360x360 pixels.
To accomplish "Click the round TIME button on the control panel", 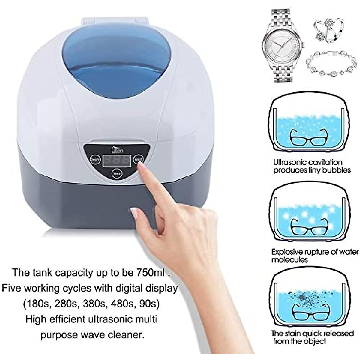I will click(115, 174).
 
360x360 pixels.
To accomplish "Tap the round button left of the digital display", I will click(95, 160).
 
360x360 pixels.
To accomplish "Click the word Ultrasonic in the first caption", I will click(290, 163).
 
